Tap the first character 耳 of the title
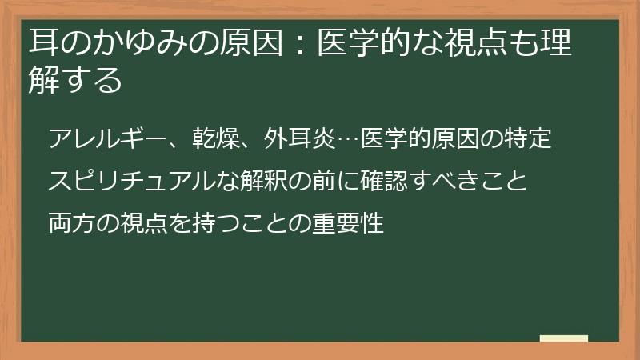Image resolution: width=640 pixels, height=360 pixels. point(42,43)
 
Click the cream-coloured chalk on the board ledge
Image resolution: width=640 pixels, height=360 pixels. point(563,338)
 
